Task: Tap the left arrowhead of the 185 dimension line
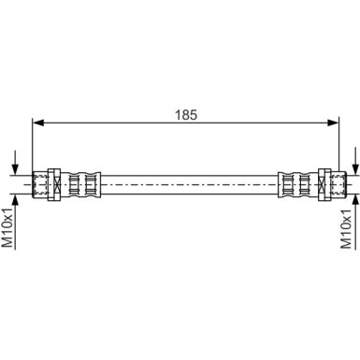coord(38,122)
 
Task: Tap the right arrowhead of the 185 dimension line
coord(333,122)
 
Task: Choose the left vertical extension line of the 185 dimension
coord(33,145)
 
